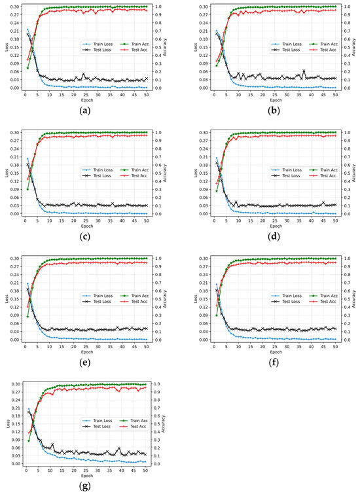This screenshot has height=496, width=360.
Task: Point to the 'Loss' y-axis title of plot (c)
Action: [5, 173]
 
